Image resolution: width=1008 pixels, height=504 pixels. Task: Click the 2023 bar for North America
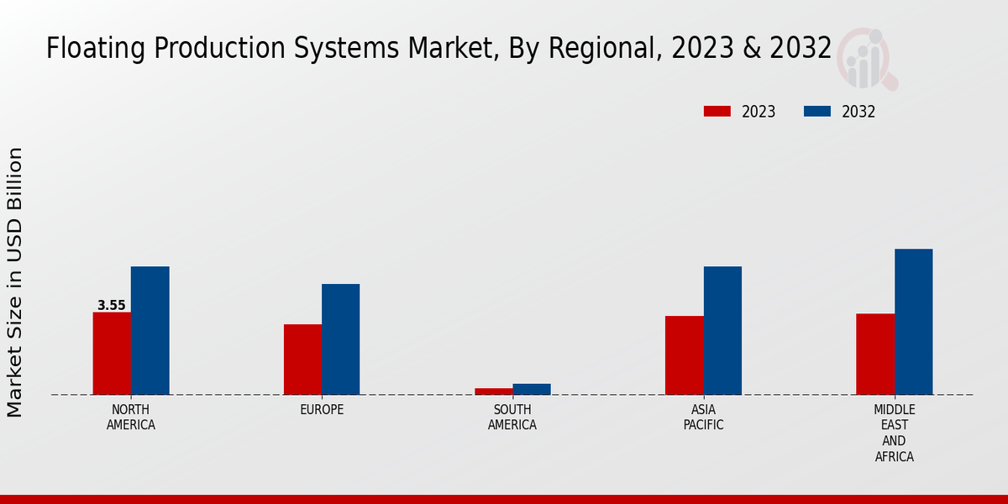pos(112,353)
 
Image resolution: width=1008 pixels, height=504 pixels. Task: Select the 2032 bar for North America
pos(150,330)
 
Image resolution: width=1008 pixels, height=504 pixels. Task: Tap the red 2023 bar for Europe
pos(302,359)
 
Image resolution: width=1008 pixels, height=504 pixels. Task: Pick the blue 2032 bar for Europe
pos(340,339)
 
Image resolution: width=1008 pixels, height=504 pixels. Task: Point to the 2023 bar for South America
pos(493,391)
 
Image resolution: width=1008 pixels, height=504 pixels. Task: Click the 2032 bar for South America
pos(532,389)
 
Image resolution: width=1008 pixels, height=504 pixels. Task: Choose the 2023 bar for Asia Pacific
pos(684,354)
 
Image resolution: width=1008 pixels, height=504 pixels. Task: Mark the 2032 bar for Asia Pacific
pos(722,330)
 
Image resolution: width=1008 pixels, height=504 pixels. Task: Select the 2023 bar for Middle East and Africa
pos(875,354)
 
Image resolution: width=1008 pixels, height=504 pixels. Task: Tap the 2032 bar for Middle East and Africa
pos(913,321)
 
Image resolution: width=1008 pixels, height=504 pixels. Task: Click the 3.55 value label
pos(111,306)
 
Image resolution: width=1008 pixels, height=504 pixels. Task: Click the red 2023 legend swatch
pos(717,112)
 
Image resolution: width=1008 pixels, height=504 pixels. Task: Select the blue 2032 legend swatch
pos(817,112)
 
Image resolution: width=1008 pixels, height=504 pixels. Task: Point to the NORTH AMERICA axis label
pos(131,417)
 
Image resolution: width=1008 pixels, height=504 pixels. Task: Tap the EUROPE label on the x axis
pos(322,410)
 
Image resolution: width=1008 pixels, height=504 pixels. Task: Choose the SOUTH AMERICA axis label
pos(512,417)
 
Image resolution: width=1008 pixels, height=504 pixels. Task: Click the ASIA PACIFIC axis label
pos(703,417)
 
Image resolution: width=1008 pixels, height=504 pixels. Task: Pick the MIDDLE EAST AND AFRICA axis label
pos(894,433)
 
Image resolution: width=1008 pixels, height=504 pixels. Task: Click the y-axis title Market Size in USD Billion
pos(15,282)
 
